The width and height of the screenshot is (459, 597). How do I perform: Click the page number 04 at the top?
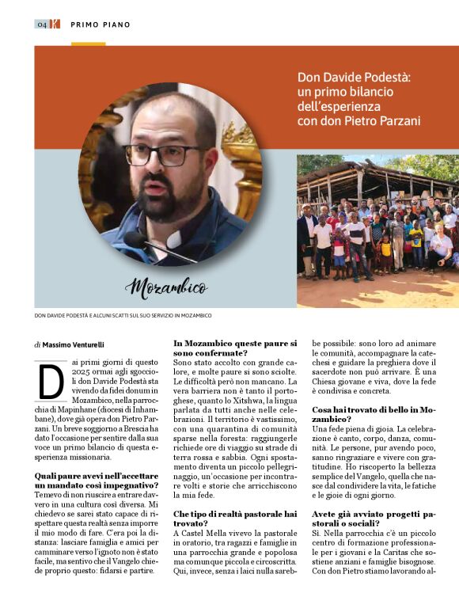coord(41,24)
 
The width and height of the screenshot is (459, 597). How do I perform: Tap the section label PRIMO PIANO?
coord(101,25)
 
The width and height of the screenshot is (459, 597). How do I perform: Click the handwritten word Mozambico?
coord(166,287)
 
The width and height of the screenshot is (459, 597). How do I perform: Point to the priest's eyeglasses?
coord(165,154)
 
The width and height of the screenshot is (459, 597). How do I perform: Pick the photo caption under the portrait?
coord(123,316)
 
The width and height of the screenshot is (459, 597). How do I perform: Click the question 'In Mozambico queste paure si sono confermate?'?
coord(234,348)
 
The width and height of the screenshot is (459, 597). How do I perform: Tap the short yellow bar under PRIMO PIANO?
coord(87,44)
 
